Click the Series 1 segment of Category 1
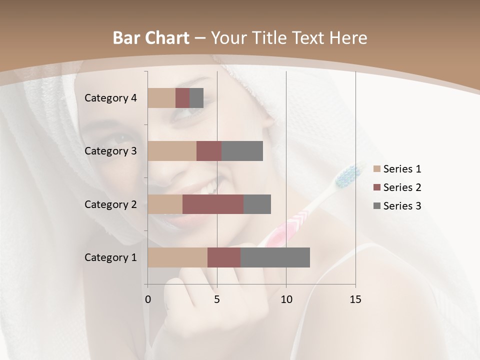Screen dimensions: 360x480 click(x=177, y=257)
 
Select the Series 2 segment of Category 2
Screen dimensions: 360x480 click(x=213, y=204)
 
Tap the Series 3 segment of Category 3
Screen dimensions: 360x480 click(x=242, y=151)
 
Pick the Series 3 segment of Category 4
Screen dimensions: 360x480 click(x=196, y=98)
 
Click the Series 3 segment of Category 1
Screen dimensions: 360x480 click(x=275, y=257)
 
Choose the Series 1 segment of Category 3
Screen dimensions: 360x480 click(x=172, y=151)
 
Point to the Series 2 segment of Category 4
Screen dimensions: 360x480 click(x=182, y=98)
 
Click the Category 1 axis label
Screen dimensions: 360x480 click(x=110, y=257)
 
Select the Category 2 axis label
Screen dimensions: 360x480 click(x=110, y=204)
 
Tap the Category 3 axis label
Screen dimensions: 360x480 click(x=110, y=151)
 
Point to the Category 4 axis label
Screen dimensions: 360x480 click(x=110, y=98)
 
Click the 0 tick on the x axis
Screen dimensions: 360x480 click(x=148, y=299)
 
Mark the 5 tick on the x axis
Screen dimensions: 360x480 click(x=217, y=299)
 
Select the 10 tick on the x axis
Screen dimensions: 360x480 click(x=286, y=299)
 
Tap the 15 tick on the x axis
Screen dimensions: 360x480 click(x=355, y=299)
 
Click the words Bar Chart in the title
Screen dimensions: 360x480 click(x=151, y=38)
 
